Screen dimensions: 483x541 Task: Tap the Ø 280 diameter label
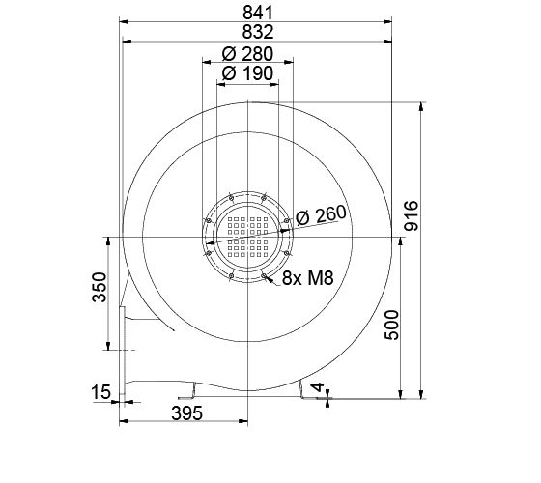point(247,53)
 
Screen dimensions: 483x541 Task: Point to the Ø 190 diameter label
point(247,73)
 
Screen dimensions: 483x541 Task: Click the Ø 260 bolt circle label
point(320,216)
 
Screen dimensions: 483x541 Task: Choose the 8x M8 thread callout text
point(307,280)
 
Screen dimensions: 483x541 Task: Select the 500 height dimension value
point(391,326)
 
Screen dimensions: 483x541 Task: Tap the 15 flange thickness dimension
point(100,392)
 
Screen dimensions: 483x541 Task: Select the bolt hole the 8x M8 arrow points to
point(264,274)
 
